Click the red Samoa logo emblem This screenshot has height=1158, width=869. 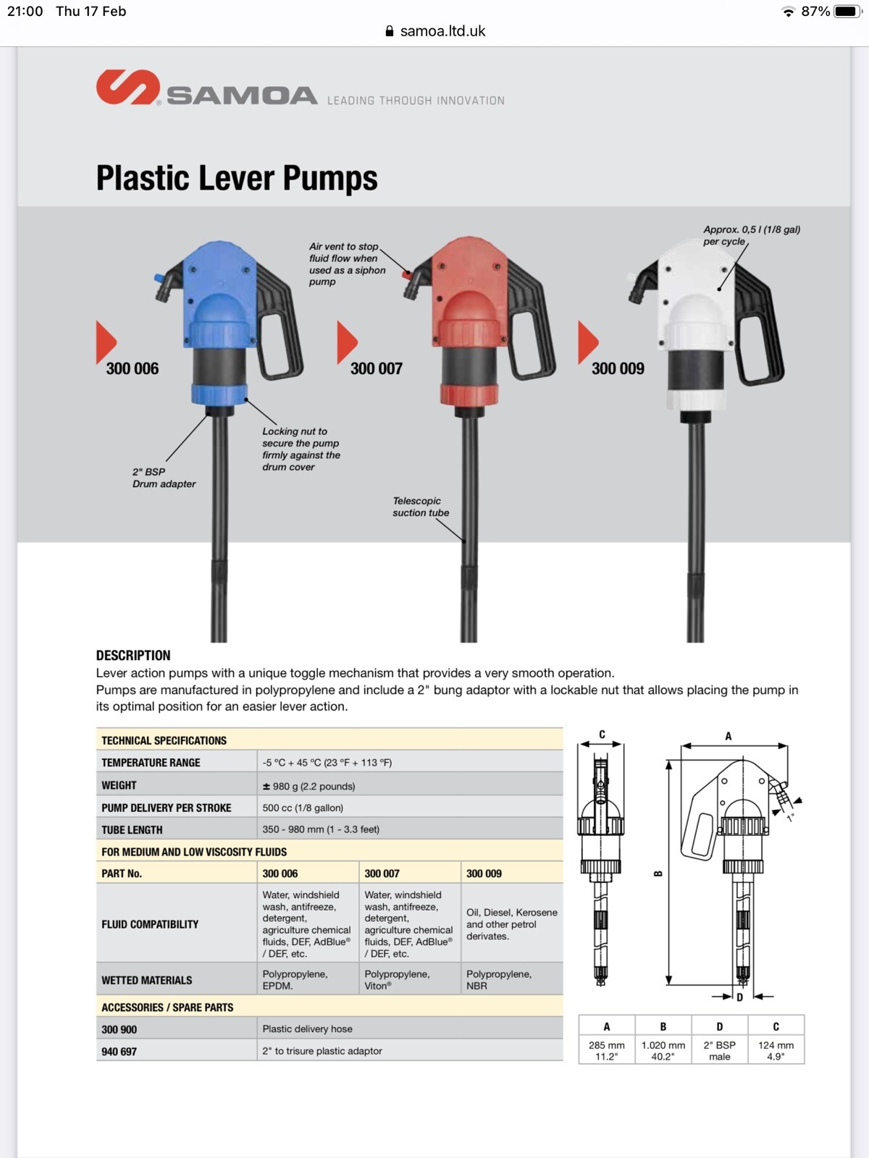point(127,88)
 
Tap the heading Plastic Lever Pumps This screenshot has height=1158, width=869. point(237,178)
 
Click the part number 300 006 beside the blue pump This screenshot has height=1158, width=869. point(132,368)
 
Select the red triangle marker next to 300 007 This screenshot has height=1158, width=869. point(346,342)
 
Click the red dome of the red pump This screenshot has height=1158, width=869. point(469,308)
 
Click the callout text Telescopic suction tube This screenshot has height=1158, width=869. point(421,507)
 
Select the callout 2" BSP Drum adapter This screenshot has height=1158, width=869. point(164,478)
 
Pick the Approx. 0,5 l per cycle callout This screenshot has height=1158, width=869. point(751,235)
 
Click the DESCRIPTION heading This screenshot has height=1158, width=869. point(133,655)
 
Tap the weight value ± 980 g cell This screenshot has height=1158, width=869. point(308,786)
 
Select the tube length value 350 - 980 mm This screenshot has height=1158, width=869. point(321,829)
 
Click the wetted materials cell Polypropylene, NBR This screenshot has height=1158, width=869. point(498,980)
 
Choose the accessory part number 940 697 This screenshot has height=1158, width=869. point(119,1051)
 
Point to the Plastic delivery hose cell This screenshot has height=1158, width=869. point(307,1028)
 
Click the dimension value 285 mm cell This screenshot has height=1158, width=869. point(606,1050)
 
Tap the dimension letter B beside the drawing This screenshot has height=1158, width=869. point(658,874)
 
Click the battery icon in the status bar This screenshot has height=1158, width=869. point(846,12)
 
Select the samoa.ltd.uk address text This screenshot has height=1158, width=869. point(442,31)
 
